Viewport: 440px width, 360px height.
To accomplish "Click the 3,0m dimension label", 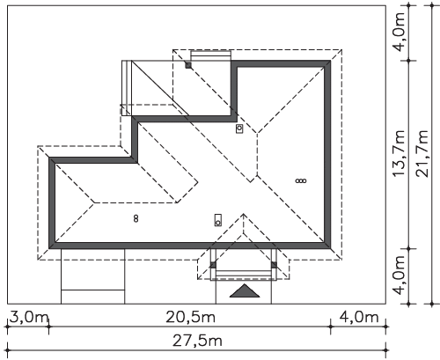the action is (29, 317).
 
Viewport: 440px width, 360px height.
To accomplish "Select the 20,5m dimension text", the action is (191, 317).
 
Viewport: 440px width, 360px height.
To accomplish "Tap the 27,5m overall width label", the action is (197, 341).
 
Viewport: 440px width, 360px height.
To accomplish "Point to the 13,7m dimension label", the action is (399, 153).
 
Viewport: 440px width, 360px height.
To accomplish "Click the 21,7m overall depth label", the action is (422, 153).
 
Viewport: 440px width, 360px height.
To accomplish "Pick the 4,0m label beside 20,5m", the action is (359, 317).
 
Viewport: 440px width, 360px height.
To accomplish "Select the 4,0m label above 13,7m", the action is (399, 32).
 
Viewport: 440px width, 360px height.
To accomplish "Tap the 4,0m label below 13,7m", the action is (399, 276).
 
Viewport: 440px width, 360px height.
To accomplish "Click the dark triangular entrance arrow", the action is (245, 291).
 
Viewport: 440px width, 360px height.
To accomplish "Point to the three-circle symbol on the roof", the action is (301, 180).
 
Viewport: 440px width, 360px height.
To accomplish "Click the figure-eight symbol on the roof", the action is (136, 218).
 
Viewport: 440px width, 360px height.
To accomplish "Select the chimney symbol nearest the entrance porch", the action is (218, 220).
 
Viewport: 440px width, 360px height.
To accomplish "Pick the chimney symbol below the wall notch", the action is (239, 129).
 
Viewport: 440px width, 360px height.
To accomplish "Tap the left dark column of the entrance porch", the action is (213, 265).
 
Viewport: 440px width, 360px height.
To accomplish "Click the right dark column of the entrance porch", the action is (275, 265).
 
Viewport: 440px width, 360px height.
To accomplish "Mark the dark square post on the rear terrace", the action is (188, 65).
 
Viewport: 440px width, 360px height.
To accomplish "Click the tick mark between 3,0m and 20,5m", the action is (48, 327).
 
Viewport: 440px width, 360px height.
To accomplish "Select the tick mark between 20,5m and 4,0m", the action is (331, 327).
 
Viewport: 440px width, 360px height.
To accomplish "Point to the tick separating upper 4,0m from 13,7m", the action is (409, 61).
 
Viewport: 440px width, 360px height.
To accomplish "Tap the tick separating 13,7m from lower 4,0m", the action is (409, 248).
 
